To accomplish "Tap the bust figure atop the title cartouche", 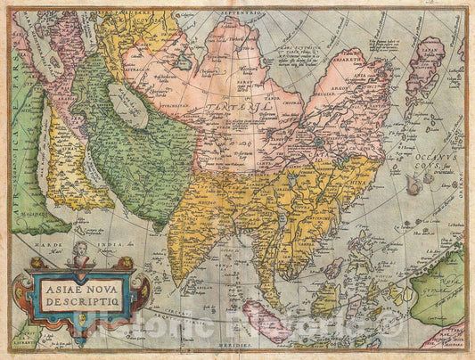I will [80, 250].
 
